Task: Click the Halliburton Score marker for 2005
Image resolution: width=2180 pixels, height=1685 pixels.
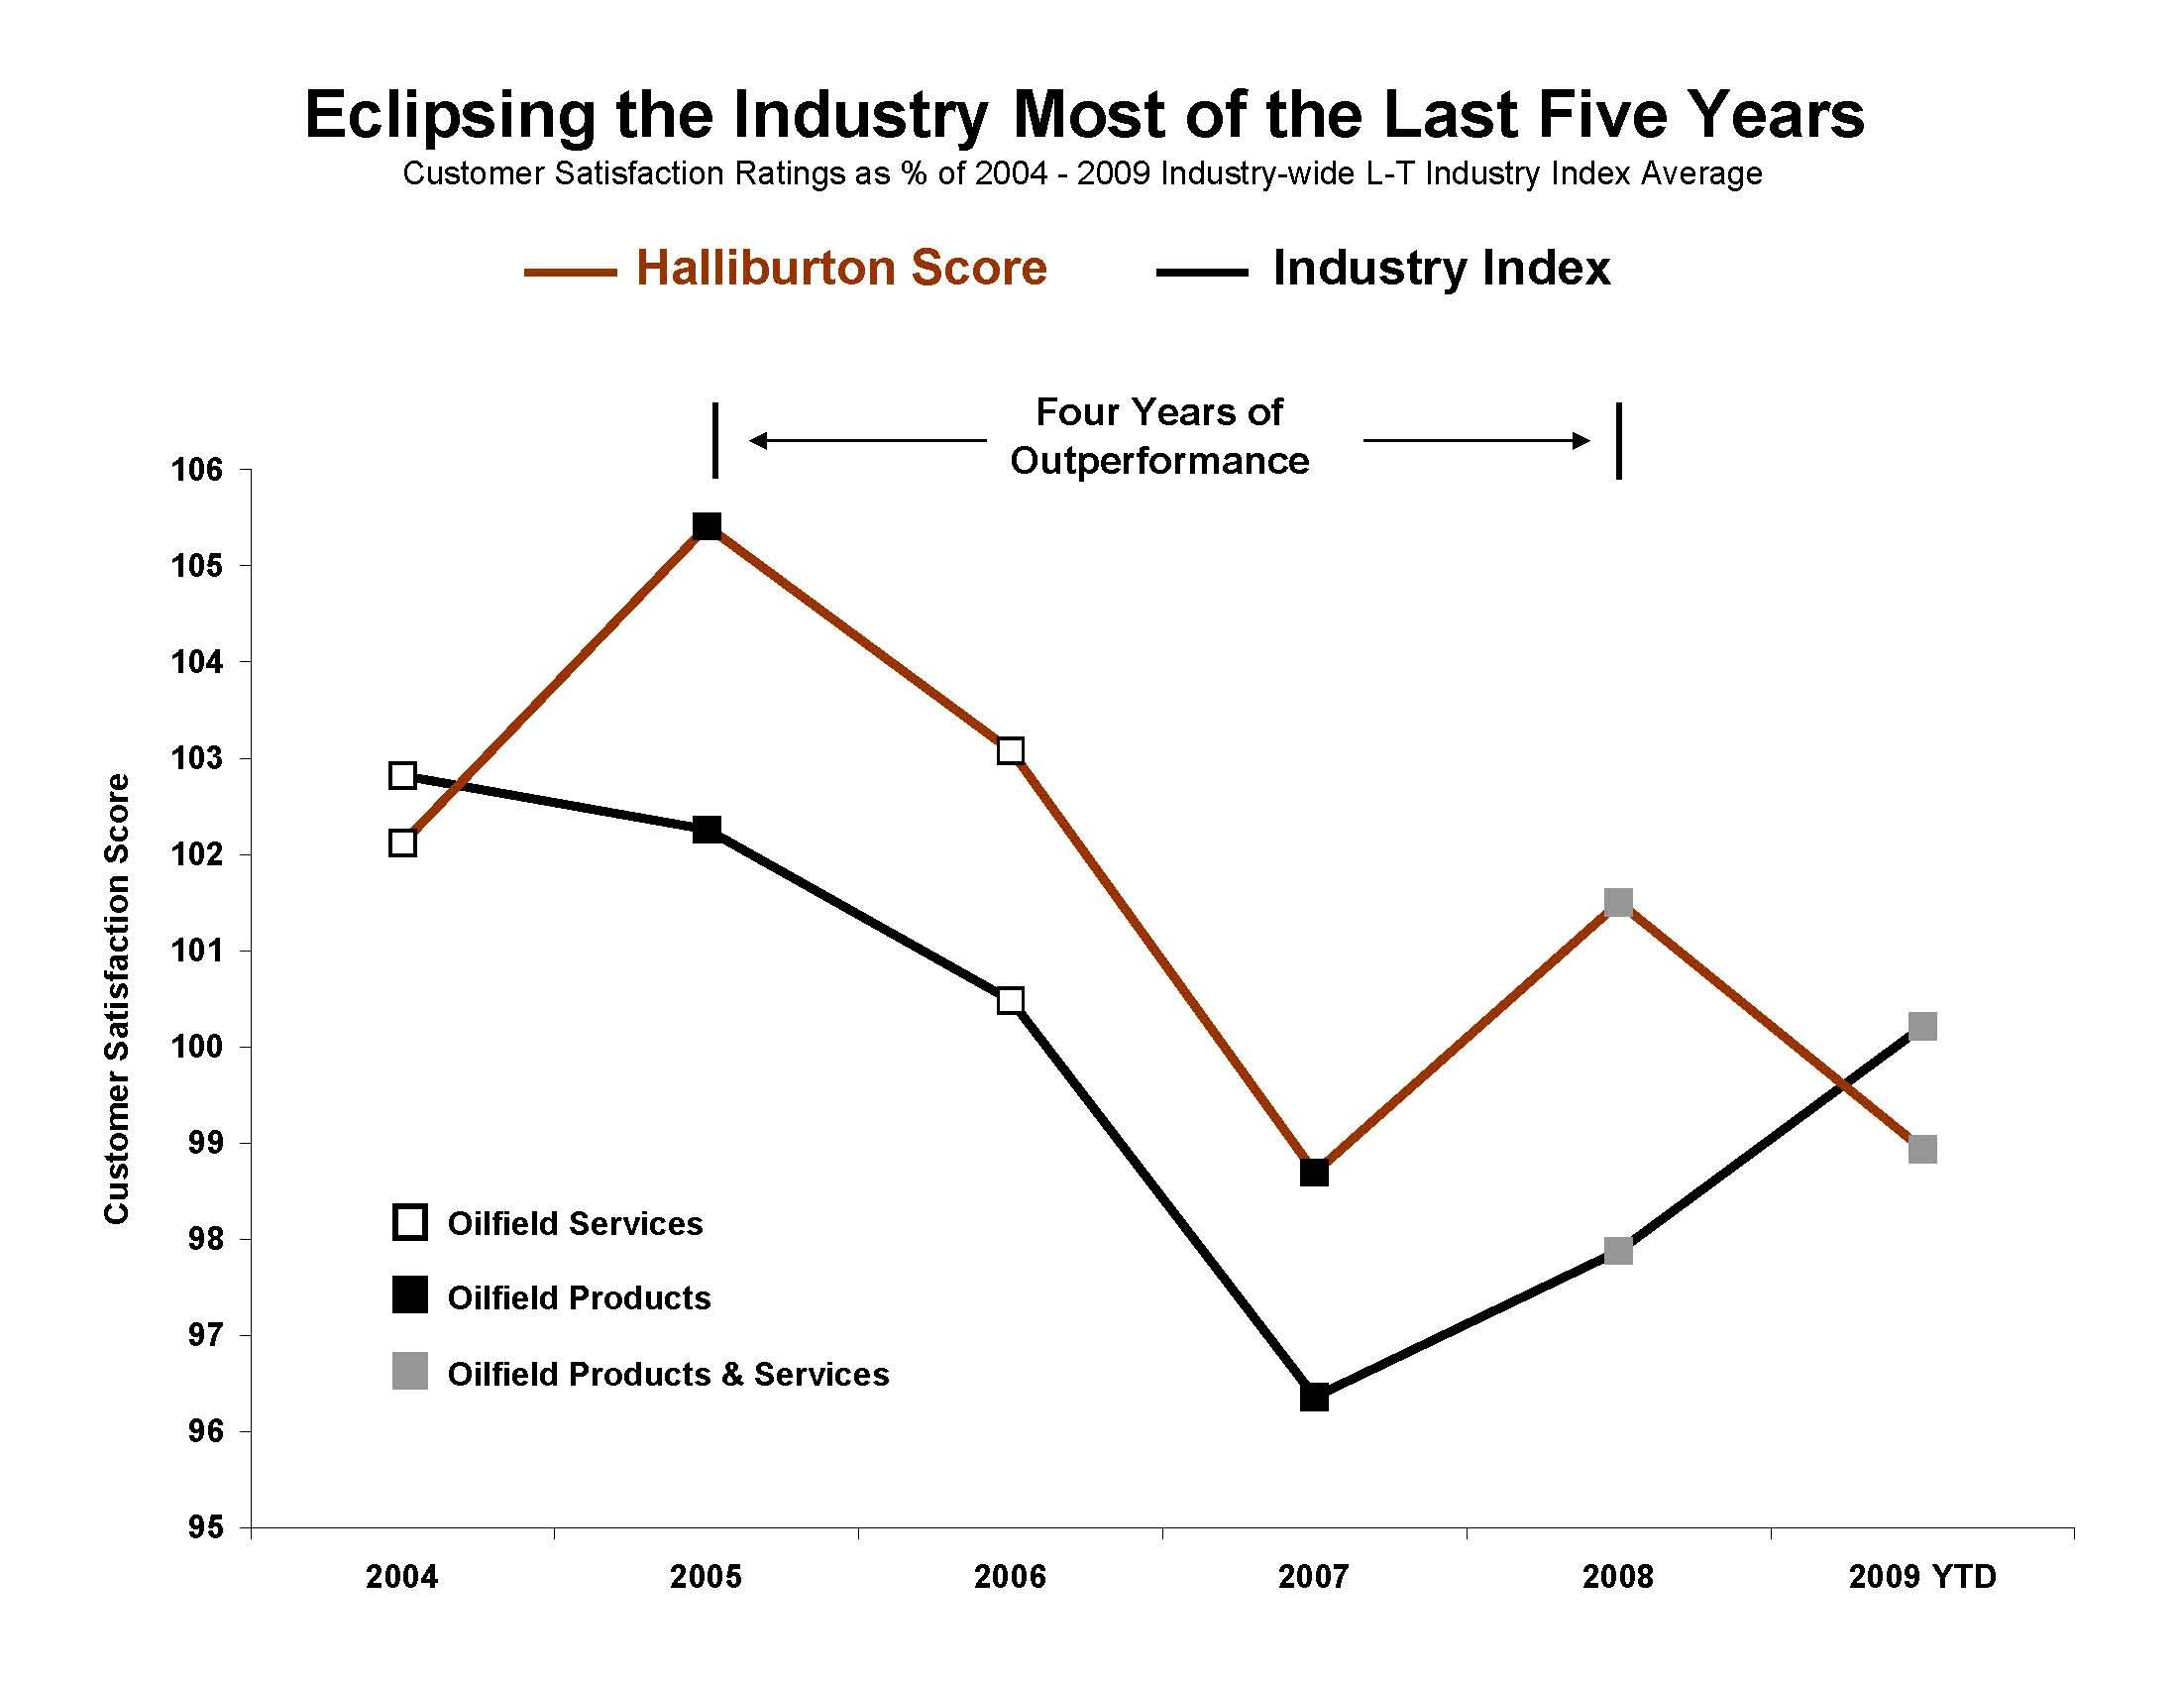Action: [707, 526]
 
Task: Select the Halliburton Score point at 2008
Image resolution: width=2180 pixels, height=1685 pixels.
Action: [1618, 903]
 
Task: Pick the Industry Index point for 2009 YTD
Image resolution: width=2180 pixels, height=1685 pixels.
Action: [1922, 1026]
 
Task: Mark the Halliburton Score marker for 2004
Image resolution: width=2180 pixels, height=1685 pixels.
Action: [402, 843]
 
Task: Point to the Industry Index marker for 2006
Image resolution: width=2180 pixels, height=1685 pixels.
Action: [1010, 1000]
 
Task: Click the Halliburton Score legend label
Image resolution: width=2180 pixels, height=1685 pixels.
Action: [840, 269]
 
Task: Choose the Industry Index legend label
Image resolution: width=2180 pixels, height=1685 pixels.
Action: [1441, 269]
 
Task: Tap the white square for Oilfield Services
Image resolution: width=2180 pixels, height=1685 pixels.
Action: [410, 1222]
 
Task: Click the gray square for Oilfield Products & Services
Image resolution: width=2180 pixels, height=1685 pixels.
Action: [410, 1373]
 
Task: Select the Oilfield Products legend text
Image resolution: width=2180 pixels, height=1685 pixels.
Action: [579, 1297]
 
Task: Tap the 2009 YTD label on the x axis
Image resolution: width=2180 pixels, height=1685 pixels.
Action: [1921, 1577]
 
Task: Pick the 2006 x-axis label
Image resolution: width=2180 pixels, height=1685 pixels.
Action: [1010, 1577]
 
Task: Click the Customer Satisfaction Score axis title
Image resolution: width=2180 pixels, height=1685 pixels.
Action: [117, 998]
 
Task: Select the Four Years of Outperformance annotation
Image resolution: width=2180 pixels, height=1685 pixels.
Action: [1159, 436]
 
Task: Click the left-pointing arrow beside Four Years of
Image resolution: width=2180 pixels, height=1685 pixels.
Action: [866, 440]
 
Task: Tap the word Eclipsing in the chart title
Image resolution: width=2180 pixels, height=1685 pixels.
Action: [450, 116]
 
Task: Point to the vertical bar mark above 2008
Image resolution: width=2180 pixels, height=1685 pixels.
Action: [1618, 440]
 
